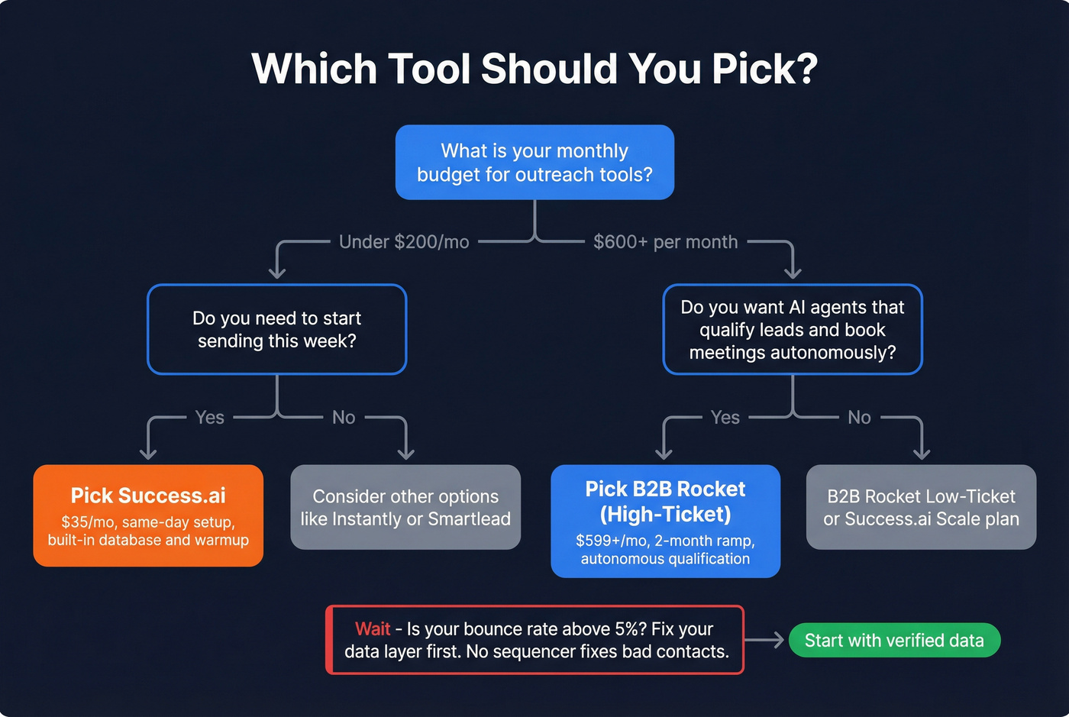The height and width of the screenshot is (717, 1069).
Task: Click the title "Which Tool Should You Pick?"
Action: [x=534, y=69]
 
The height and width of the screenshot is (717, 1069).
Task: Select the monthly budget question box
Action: [x=534, y=163]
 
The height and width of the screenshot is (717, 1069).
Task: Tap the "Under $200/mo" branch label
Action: [x=404, y=242]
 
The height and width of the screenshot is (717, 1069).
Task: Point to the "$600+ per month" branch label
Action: [x=666, y=242]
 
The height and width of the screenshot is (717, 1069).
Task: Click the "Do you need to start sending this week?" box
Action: [x=276, y=329]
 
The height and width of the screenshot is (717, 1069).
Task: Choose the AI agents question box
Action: [x=793, y=329]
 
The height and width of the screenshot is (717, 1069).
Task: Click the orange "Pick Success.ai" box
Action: [x=148, y=515]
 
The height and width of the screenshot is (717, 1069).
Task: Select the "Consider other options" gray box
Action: [x=405, y=507]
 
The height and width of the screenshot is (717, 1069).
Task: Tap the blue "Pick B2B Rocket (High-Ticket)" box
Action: [x=665, y=521]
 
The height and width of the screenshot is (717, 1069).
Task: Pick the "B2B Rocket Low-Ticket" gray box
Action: [x=921, y=507]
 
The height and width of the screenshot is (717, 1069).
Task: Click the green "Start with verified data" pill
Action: [x=894, y=641]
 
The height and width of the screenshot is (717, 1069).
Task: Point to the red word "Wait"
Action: [x=373, y=629]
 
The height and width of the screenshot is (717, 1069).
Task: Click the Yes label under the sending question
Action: [x=210, y=418]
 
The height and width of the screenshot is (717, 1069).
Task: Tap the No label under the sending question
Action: [x=344, y=418]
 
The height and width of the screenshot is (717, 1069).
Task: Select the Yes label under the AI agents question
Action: [x=725, y=418]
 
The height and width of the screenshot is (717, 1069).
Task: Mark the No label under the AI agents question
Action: [x=859, y=418]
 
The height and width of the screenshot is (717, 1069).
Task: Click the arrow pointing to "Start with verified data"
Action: [x=766, y=641]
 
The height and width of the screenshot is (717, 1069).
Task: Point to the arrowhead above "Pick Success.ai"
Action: [x=148, y=453]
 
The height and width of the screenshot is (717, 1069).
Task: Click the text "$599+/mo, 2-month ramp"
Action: [x=665, y=541]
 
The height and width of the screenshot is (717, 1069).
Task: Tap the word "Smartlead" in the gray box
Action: [x=470, y=519]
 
